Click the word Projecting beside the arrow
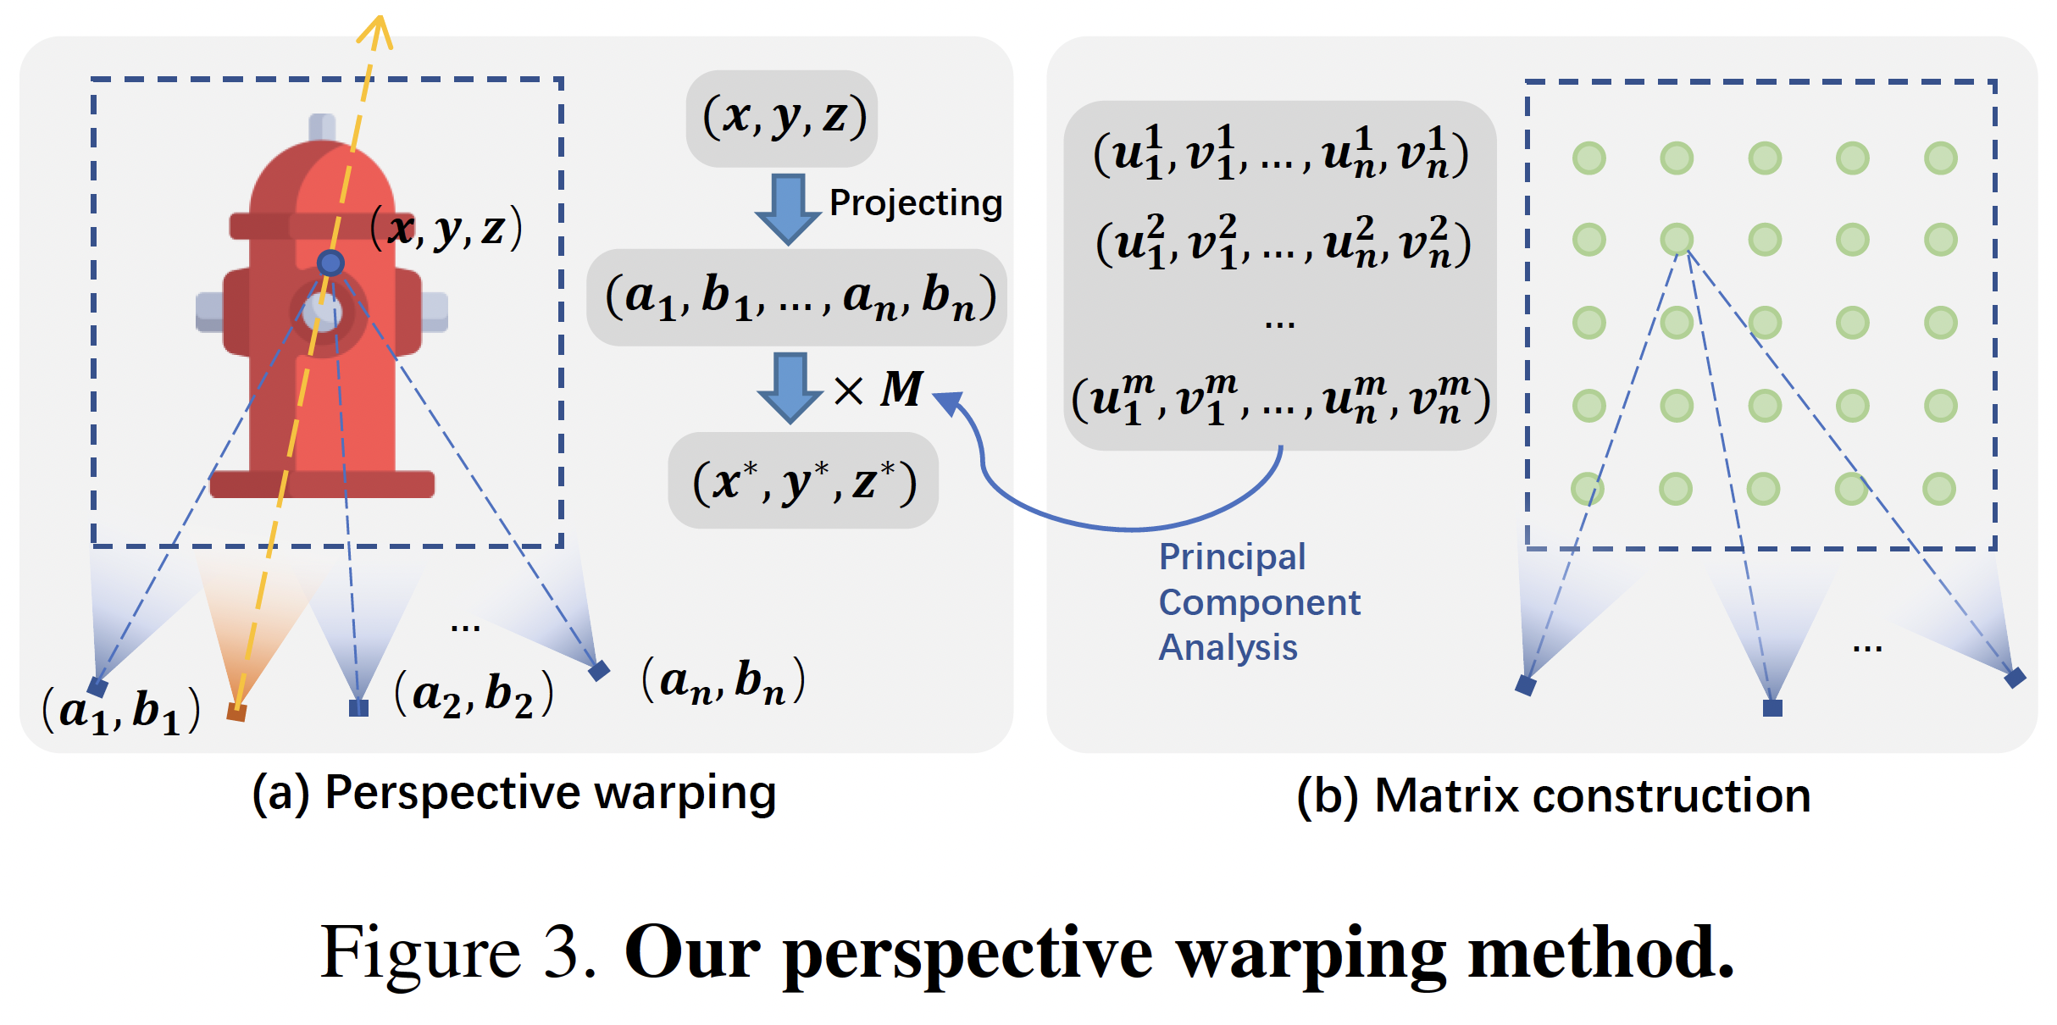[915, 203]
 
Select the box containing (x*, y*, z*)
[802, 481]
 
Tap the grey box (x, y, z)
[781, 118]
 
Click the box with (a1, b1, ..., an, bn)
[796, 297]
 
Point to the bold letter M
[901, 390]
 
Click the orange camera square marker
[236, 712]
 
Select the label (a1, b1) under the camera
[121, 710]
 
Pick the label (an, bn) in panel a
[723, 680]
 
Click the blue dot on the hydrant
[330, 263]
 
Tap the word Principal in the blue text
[1232, 557]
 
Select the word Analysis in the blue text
[1228, 648]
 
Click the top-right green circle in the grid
[1940, 158]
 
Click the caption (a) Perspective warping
[514, 794]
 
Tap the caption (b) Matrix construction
[1553, 796]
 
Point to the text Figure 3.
[458, 953]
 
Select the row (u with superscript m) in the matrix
[1279, 399]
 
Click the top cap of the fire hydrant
[322, 127]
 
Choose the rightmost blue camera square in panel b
[2015, 678]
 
